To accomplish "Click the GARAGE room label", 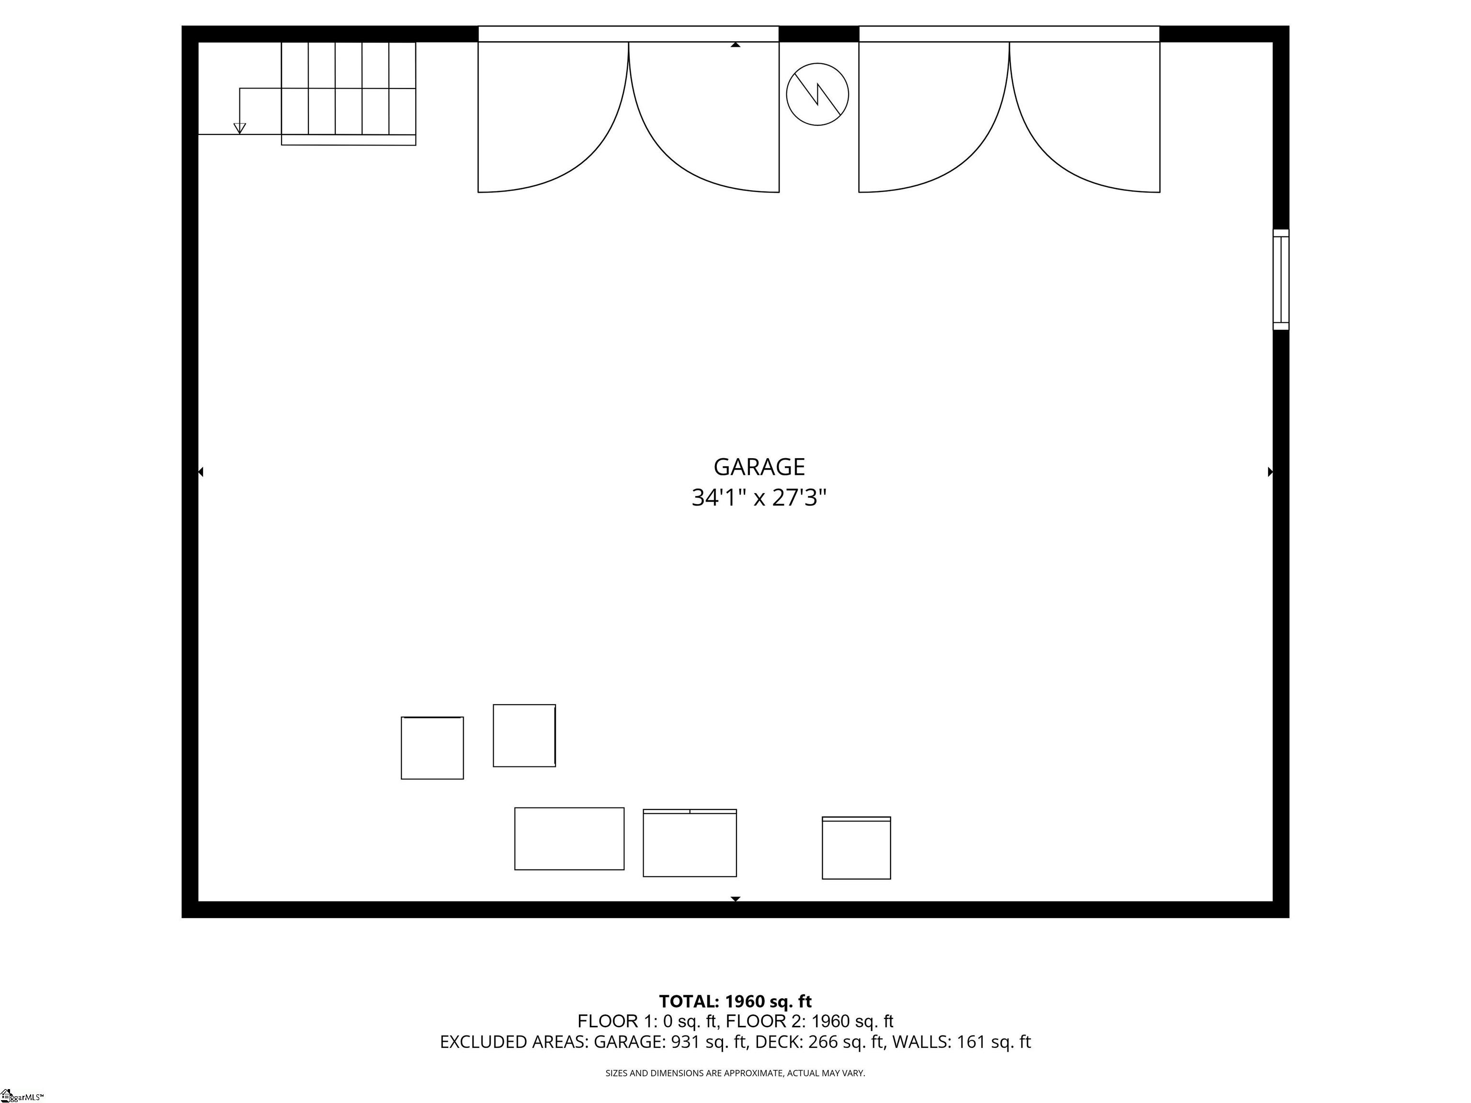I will tap(759, 467).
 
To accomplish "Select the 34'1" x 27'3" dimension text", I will tap(759, 497).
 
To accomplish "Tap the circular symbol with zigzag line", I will tap(817, 94).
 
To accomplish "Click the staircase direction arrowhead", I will tap(240, 128).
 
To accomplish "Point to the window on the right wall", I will tap(1280, 279).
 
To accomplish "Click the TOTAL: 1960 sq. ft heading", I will tap(735, 1002).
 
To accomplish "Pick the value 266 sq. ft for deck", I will tap(845, 1042).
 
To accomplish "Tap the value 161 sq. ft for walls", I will tap(994, 1042).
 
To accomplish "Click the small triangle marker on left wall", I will tap(201, 472).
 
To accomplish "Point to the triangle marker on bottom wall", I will tap(735, 899).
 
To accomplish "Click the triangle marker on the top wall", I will tap(735, 45).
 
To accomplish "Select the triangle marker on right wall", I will tap(1270, 472).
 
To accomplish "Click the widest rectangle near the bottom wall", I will tap(569, 838).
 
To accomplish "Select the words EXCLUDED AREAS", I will tap(513, 1042).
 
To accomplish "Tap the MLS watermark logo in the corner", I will tap(20, 1096).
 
